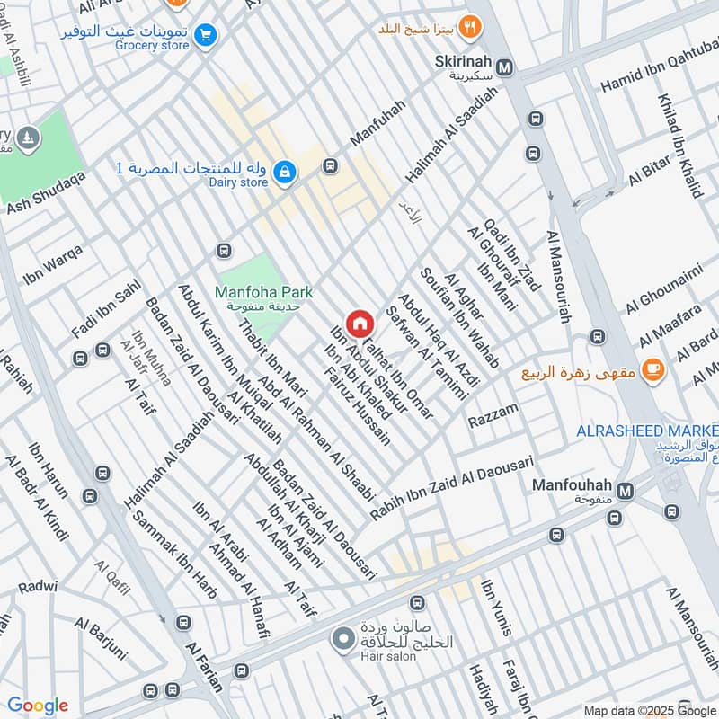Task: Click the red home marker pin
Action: (359, 323)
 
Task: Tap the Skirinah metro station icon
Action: (506, 67)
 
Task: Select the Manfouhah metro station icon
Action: (626, 490)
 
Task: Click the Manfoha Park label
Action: (263, 293)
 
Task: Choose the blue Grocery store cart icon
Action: (206, 35)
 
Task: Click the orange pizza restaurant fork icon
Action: (467, 28)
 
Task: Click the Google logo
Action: (38, 706)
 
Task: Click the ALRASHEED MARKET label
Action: (646, 431)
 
